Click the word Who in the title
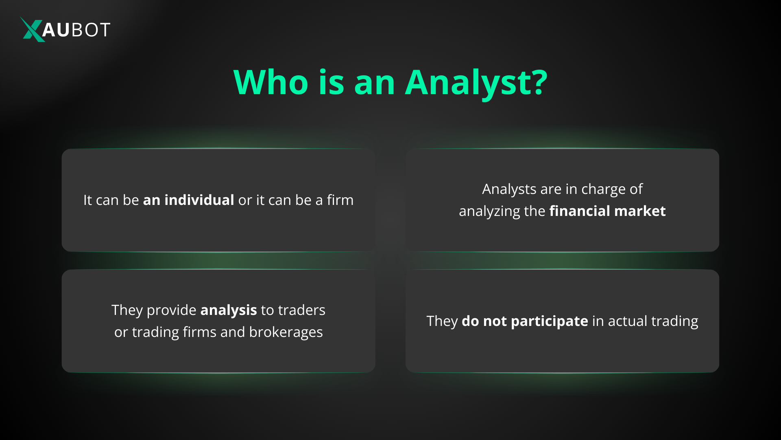tap(271, 82)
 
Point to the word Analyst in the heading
tap(468, 83)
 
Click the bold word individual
tap(199, 200)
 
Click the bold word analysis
tap(229, 310)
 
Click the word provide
tap(171, 310)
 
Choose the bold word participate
tap(549, 321)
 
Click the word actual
tap(628, 321)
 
